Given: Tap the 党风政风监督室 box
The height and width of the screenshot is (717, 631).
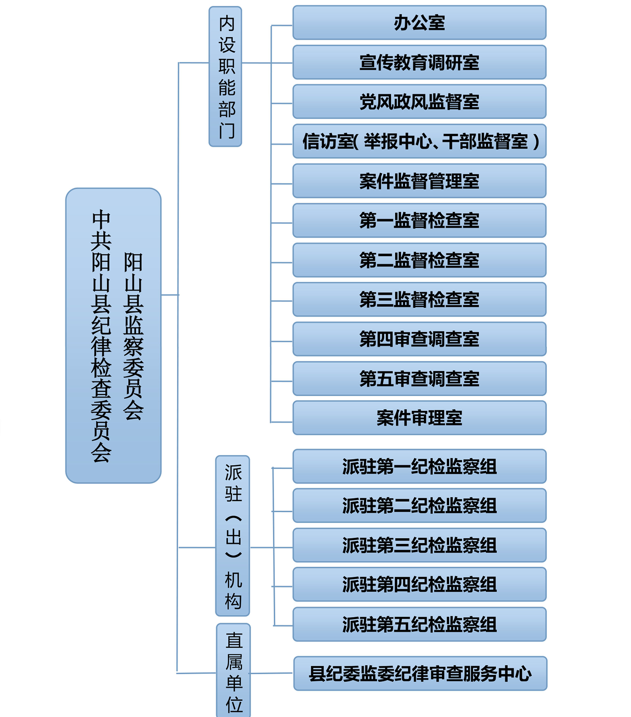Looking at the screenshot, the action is coord(420,102).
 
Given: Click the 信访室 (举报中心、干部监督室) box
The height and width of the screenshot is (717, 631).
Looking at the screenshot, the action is coord(420,141).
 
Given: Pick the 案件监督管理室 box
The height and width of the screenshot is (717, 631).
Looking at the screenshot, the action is coord(420,181).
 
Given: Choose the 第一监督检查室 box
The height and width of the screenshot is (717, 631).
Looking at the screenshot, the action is coord(420,220).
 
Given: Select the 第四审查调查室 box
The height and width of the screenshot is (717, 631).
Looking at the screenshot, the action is coord(420,339).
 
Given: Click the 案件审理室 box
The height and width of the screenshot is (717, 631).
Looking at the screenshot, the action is coord(420,418).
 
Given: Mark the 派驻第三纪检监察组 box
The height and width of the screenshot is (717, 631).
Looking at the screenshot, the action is coord(420,545).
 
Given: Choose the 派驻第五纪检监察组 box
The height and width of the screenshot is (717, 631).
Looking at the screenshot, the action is coord(420,624).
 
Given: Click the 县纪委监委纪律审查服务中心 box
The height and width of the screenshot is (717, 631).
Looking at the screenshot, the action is coord(420,673).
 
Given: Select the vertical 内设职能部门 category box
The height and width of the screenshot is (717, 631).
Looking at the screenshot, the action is coord(225,77).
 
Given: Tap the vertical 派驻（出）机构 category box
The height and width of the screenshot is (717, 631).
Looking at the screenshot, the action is coord(233,536).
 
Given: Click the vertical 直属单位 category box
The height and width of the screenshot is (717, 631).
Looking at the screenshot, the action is coord(233,670).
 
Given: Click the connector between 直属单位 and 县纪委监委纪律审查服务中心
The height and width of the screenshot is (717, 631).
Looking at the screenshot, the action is coord(271,673).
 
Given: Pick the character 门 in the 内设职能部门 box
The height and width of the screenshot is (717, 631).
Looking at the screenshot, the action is coord(227,130).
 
